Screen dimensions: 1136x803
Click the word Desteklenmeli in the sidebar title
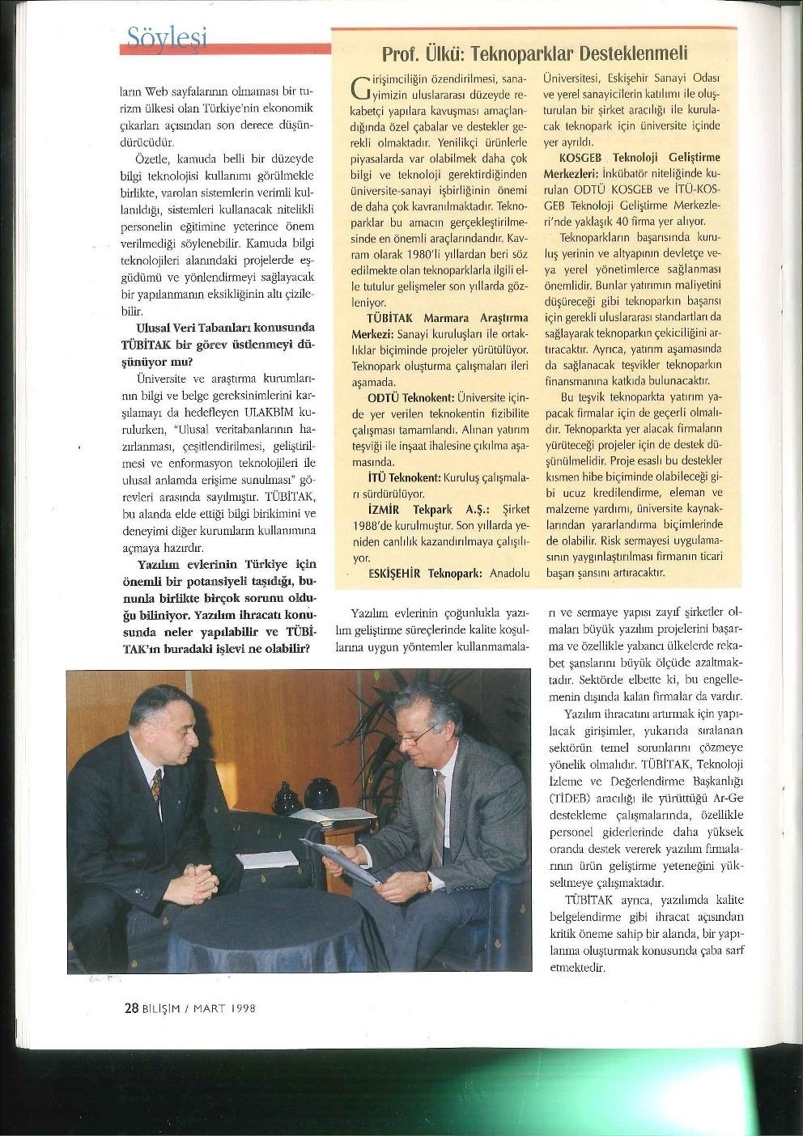tap(639, 53)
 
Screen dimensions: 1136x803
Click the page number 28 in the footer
tap(131, 1008)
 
